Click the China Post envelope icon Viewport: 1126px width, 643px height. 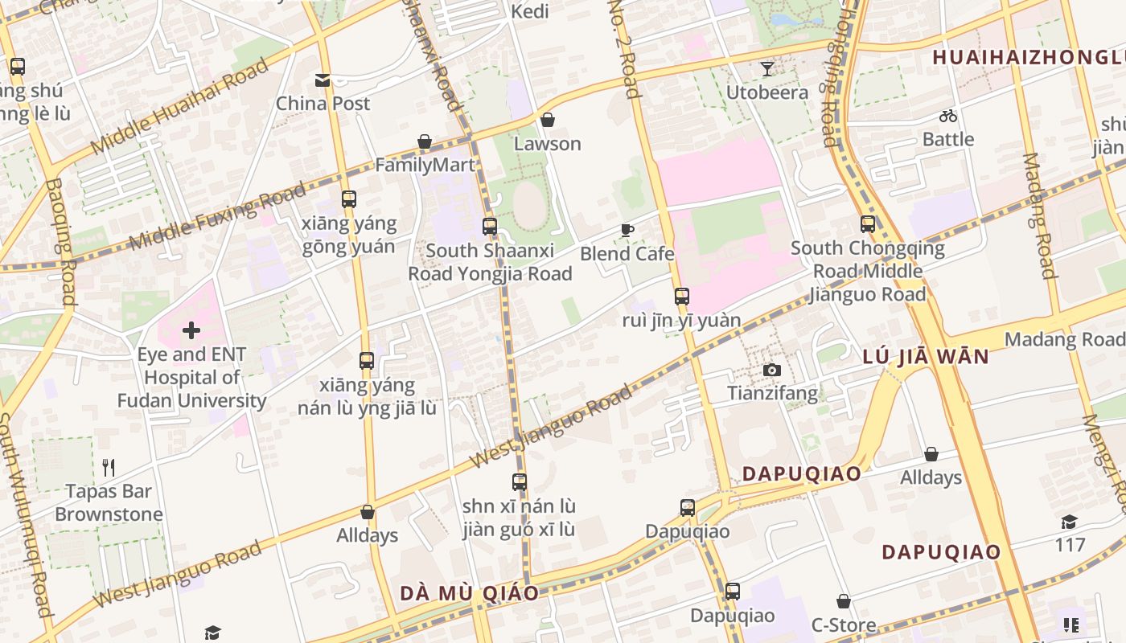[323, 80]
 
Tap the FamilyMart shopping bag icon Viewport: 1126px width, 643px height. [425, 142]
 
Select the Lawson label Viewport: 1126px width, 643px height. [548, 144]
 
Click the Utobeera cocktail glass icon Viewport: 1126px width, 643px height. [767, 69]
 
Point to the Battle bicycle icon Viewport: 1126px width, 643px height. [948, 116]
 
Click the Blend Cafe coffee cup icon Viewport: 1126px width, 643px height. [627, 231]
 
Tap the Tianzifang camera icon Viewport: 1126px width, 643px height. [772, 371]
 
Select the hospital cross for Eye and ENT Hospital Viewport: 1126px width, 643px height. [191, 330]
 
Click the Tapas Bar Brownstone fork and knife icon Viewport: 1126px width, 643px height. [109, 467]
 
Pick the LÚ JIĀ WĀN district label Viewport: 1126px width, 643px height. [925, 357]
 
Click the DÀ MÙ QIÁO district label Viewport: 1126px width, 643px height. [470, 594]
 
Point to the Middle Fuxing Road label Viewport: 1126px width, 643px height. [217, 216]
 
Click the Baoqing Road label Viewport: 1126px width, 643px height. [61, 241]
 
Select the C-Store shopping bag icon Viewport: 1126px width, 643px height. [844, 601]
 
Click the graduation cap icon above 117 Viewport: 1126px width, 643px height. [1069, 522]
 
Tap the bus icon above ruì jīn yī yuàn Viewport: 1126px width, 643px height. [682, 297]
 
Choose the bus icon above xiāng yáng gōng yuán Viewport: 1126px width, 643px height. [349, 199]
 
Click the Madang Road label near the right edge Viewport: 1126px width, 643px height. [1063, 339]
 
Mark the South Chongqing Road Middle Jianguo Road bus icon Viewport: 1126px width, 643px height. [868, 224]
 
